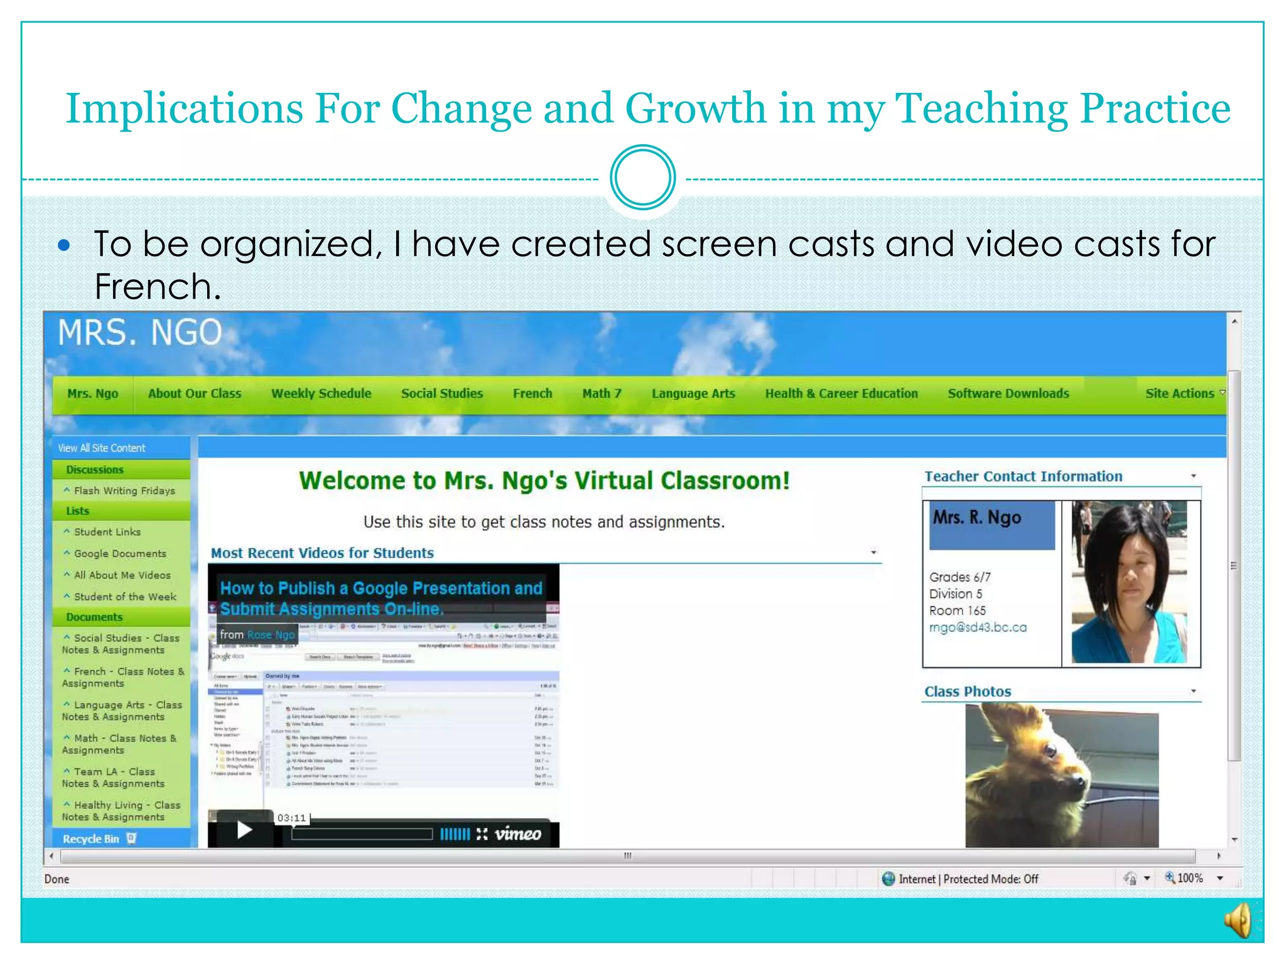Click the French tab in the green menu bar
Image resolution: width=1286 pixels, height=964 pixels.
[x=532, y=394]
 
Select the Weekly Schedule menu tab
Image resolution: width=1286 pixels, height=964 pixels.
[x=321, y=394]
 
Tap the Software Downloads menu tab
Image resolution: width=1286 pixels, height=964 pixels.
[x=1008, y=394]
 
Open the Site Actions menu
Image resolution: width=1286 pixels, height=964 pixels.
[x=1181, y=394]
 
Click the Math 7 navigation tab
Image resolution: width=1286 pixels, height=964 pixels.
[x=602, y=394]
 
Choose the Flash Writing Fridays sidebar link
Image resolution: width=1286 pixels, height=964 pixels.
[x=124, y=491]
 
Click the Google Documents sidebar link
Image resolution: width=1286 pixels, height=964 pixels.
[x=120, y=554]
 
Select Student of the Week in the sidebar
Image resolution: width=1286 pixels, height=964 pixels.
[x=125, y=597]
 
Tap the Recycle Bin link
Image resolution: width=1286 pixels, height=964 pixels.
[x=91, y=839]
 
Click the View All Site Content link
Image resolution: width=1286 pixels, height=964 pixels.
[x=102, y=448]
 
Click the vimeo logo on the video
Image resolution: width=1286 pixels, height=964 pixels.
[x=517, y=834]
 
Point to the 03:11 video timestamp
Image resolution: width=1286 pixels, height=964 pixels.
[x=291, y=818]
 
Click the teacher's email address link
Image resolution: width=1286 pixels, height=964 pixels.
[x=978, y=628]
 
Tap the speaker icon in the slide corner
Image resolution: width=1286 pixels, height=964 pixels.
[x=1239, y=921]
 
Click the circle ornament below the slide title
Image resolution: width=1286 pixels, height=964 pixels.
[x=642, y=178]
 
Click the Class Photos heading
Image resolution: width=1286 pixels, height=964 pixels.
[x=968, y=692]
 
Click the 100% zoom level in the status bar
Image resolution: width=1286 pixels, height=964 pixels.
[x=1189, y=878]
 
